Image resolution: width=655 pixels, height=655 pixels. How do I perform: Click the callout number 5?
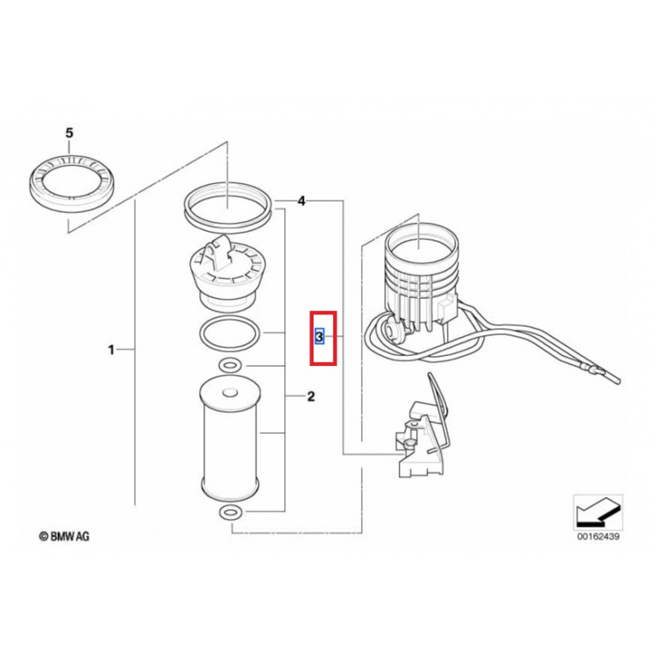coord(70,133)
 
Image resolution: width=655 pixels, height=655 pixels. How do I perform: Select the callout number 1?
coord(111,350)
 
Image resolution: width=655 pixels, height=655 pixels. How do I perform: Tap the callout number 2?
coord(311,396)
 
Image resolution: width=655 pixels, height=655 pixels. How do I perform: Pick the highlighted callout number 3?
coord(319,337)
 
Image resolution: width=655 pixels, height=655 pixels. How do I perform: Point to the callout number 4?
coord(301,201)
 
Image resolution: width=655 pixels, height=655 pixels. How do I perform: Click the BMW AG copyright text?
coord(64,536)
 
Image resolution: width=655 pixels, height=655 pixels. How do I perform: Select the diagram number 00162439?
coord(599,536)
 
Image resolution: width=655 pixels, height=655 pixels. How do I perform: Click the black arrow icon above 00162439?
coord(598,513)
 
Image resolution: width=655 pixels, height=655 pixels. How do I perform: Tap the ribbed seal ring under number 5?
coord(72,183)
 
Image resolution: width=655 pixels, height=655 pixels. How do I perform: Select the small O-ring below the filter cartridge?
coord(230,513)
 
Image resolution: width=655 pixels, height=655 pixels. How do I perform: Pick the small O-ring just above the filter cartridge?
coord(230,366)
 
